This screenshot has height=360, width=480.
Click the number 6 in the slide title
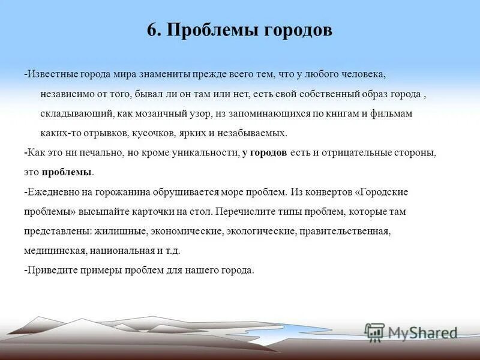(x=152, y=31)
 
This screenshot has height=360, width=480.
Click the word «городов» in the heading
(x=296, y=31)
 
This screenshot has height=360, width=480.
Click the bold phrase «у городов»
(x=265, y=153)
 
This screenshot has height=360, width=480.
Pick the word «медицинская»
(x=51, y=251)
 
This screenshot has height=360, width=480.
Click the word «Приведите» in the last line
(x=47, y=270)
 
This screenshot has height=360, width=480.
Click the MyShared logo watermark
(x=411, y=332)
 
